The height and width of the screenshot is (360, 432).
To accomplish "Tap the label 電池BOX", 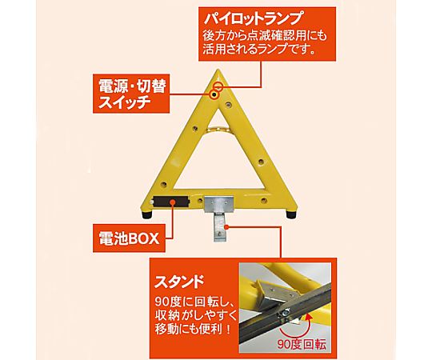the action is [x=130, y=238].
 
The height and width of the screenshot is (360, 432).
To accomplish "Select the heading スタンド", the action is [x=179, y=282].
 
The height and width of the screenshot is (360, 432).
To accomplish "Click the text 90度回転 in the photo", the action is [x=302, y=344].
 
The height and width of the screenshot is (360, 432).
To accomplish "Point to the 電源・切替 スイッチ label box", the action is [x=131, y=94].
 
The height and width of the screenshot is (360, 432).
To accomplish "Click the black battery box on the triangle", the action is [x=171, y=202].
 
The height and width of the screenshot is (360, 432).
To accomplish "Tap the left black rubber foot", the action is [x=147, y=214].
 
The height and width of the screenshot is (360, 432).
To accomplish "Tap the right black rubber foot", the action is [x=291, y=214].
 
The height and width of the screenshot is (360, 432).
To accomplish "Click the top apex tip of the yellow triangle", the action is [x=218, y=70].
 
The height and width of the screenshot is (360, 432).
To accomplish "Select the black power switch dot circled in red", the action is [x=214, y=95].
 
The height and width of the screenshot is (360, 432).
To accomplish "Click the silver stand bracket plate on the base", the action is [x=218, y=204].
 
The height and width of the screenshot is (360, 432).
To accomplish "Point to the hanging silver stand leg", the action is [x=219, y=226].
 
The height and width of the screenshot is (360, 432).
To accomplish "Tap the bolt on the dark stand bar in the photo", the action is [x=285, y=312].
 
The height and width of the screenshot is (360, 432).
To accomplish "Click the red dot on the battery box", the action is [x=173, y=202].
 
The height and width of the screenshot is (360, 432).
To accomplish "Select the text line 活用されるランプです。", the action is [x=259, y=50].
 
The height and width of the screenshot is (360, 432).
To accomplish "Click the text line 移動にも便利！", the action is [x=193, y=329].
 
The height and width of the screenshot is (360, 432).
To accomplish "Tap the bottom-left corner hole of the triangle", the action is [x=164, y=183].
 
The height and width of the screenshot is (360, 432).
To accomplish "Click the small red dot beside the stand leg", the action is [x=227, y=227].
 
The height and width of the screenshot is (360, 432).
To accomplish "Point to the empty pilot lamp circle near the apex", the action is [x=218, y=86].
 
